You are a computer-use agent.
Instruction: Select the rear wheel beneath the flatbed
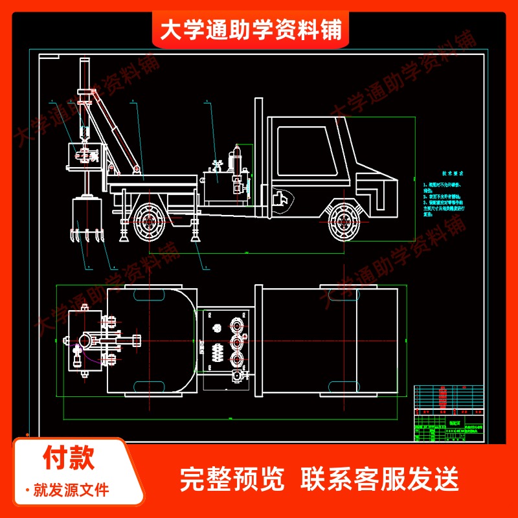coord(150,222)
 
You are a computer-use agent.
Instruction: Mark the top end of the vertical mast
coord(84,62)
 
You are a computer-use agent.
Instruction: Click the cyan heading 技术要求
coord(454,174)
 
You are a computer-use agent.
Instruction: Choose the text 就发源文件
coord(71,490)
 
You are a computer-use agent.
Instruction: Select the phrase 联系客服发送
coord(379,479)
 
